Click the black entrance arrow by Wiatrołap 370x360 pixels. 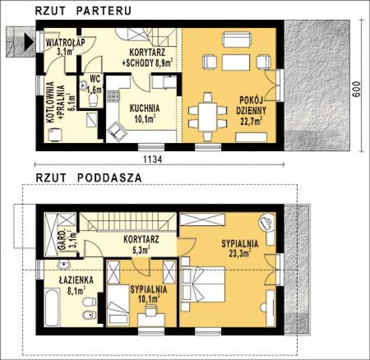(29, 42)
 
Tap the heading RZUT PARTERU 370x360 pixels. (83, 11)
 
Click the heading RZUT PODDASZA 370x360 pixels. (89, 178)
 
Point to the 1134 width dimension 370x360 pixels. (153, 159)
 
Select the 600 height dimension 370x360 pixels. (357, 89)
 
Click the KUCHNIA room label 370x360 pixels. (145, 109)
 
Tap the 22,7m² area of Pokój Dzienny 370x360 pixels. (251, 121)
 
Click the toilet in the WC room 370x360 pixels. (93, 100)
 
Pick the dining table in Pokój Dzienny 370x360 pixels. (207, 117)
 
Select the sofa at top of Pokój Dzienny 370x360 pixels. (237, 40)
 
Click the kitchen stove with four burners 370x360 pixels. (113, 96)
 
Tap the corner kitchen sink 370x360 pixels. (117, 132)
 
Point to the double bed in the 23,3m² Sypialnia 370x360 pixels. (203, 284)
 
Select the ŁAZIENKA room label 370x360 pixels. (76, 280)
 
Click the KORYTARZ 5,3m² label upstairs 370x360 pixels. (141, 244)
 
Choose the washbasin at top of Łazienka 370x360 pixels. (64, 265)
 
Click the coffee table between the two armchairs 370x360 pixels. (236, 62)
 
